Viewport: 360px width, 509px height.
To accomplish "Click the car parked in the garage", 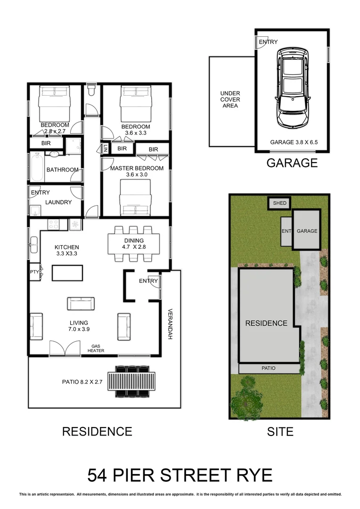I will point(293,89).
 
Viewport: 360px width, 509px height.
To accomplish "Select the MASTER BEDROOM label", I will point(137,168).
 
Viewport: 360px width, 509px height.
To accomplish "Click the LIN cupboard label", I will point(106,148).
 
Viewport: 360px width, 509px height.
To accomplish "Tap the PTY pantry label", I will point(34,272).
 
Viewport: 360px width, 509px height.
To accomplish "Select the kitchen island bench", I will point(67,273).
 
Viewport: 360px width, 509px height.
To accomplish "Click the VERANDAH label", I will point(170,324).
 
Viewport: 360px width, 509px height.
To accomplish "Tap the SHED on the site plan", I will point(279,203).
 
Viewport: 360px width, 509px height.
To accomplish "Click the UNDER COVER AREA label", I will point(230,99).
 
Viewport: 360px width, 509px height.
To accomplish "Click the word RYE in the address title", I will point(254,475).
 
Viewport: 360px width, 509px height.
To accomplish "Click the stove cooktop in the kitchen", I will point(52,224).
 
